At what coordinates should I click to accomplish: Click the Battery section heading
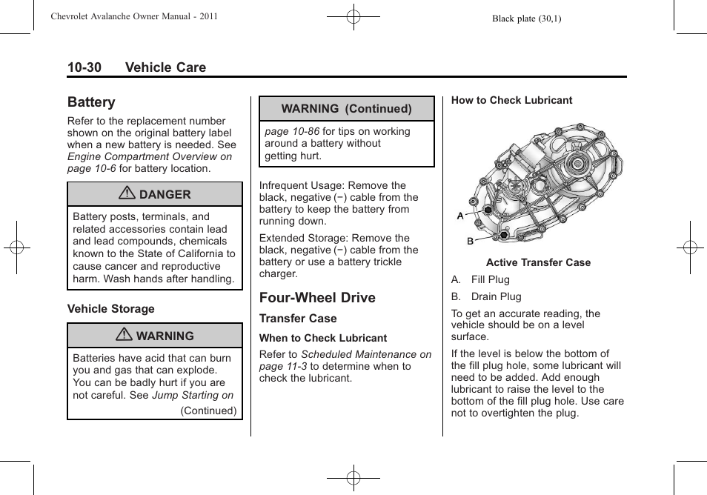click(91, 102)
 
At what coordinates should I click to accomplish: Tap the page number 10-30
click(84, 67)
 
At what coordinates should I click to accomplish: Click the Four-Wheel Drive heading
click(317, 298)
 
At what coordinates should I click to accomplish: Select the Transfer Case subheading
click(298, 319)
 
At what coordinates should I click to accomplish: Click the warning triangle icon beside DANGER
click(129, 194)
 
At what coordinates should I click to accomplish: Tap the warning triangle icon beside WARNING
click(125, 336)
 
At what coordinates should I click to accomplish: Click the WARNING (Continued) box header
click(346, 109)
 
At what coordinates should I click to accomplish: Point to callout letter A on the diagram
click(460, 216)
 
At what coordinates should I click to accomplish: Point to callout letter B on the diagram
click(470, 242)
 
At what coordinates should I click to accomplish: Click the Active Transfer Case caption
click(538, 262)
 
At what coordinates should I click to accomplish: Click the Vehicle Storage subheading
click(111, 309)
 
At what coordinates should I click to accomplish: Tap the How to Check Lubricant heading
click(511, 101)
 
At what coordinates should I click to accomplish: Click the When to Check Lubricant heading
click(323, 338)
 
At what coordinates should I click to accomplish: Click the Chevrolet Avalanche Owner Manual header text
click(134, 16)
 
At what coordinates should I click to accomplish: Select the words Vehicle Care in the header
click(165, 67)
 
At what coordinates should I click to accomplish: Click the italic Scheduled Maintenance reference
click(365, 355)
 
